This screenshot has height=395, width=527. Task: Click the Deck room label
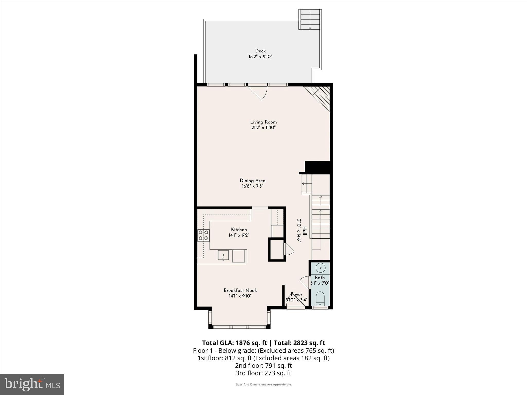click(260, 51)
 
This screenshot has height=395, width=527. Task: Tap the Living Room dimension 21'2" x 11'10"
click(263, 128)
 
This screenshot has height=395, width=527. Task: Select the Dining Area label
click(252, 181)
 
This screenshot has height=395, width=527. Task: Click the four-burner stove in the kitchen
click(203, 235)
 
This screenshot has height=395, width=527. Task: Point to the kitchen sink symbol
click(223, 255)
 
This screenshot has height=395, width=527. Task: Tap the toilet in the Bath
click(320, 298)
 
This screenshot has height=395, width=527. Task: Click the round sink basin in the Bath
click(321, 268)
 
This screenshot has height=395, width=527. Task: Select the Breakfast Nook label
click(240, 290)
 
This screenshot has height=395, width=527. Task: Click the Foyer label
click(296, 294)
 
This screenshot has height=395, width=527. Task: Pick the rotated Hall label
click(305, 231)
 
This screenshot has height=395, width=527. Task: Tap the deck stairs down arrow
click(310, 28)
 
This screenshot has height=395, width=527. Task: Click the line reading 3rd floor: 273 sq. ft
click(263, 373)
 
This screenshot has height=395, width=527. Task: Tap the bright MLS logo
click(32, 384)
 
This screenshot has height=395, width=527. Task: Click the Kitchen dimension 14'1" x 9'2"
click(239, 235)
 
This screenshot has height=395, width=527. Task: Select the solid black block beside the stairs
click(317, 167)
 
